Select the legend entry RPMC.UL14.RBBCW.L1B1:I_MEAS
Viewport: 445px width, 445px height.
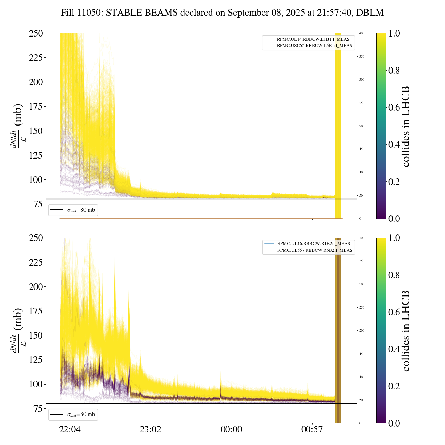point(313,39)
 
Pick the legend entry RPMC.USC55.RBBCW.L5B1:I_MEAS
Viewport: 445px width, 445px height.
point(314,46)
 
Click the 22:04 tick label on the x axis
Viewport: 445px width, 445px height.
point(70,430)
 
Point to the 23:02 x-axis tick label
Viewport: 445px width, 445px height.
point(151,430)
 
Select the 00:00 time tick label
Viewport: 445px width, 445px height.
point(232,430)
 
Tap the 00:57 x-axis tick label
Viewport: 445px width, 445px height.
point(312,430)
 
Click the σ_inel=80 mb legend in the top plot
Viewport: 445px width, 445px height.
point(73,210)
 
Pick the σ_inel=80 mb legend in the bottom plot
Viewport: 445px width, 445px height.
point(73,414)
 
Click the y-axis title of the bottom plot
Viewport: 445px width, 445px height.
point(17,331)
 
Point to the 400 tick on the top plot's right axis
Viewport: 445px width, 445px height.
point(362,33)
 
